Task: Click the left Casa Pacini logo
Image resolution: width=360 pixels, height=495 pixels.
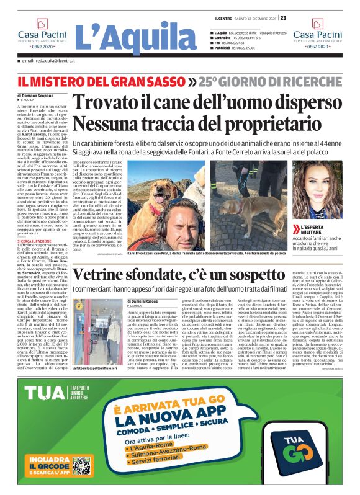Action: [42, 37]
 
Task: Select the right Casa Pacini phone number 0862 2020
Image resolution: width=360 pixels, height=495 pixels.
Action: [317, 47]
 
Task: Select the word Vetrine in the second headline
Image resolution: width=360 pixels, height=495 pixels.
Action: [118, 275]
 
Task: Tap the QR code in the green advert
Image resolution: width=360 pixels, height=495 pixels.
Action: [81, 465]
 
